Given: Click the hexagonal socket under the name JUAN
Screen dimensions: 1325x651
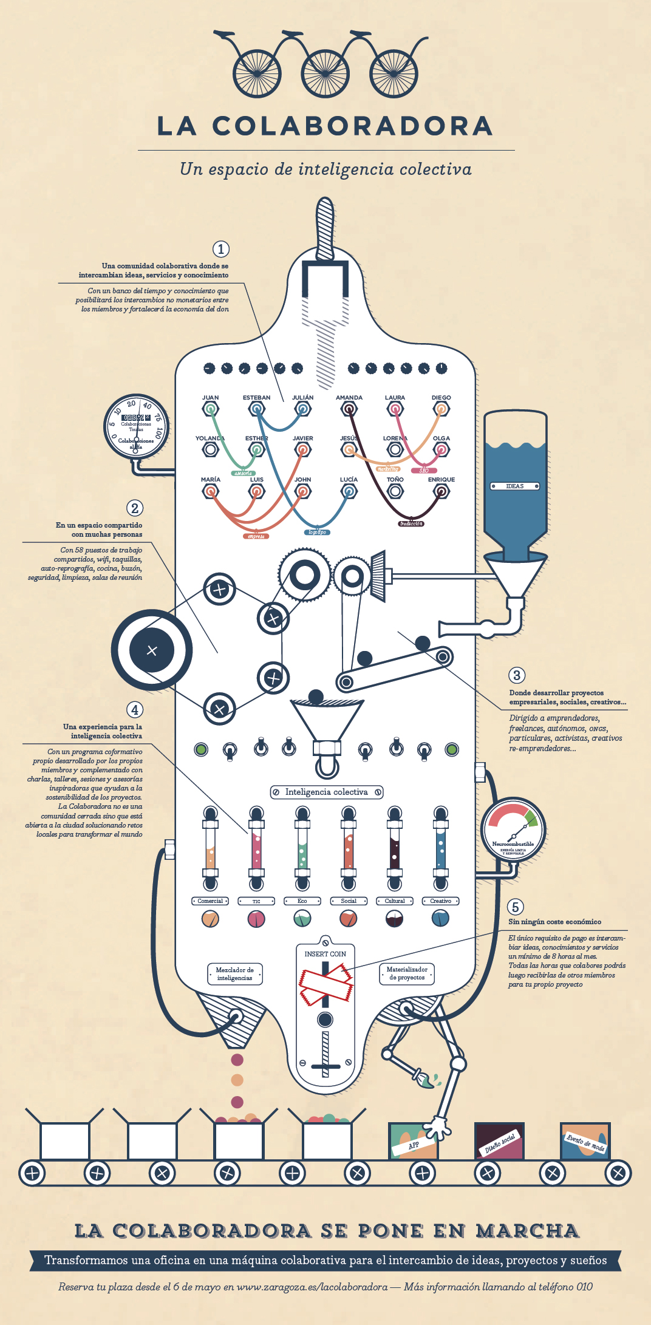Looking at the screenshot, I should click(210, 409).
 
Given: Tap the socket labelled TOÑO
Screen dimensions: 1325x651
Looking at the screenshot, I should click(395, 491).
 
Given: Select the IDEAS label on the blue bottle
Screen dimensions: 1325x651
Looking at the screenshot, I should click(515, 486).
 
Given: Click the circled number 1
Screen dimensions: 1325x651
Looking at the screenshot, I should click(221, 249).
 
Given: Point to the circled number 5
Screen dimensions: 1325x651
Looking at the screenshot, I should click(515, 907).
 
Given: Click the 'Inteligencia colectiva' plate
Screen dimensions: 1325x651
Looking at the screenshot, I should click(327, 792).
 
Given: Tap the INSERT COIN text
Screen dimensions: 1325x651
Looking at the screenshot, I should click(325, 954).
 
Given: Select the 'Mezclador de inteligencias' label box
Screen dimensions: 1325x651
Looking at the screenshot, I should click(234, 974).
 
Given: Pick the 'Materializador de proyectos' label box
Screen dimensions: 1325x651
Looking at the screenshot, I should click(407, 973).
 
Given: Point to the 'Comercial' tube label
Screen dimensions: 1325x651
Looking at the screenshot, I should click(210, 901).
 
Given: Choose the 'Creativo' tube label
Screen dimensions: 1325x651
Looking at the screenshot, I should click(441, 901).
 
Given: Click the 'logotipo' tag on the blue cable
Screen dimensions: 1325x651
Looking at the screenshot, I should click(317, 532).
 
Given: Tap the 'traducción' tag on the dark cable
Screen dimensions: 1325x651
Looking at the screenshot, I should click(411, 523).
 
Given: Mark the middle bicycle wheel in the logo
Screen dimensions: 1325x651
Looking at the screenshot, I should click(325, 73).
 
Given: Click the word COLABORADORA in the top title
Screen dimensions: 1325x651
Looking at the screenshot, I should click(352, 126).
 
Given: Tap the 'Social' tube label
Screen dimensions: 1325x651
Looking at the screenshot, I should click(349, 901).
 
